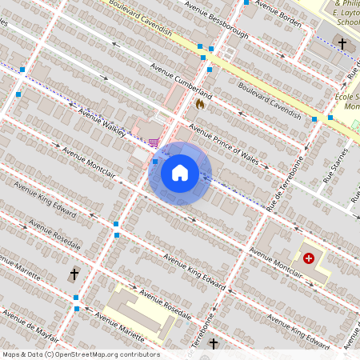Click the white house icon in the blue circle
pyautogui.click(x=180, y=173)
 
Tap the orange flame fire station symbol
pyautogui.click(x=199, y=103)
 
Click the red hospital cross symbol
pyautogui.click(x=309, y=258)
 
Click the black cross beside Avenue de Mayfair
pyautogui.click(x=74, y=274)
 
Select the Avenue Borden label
pyautogui.click(x=279, y=19)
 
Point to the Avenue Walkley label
pyautogui.click(x=102, y=121)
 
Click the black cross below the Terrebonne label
pyautogui.click(x=213, y=344)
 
